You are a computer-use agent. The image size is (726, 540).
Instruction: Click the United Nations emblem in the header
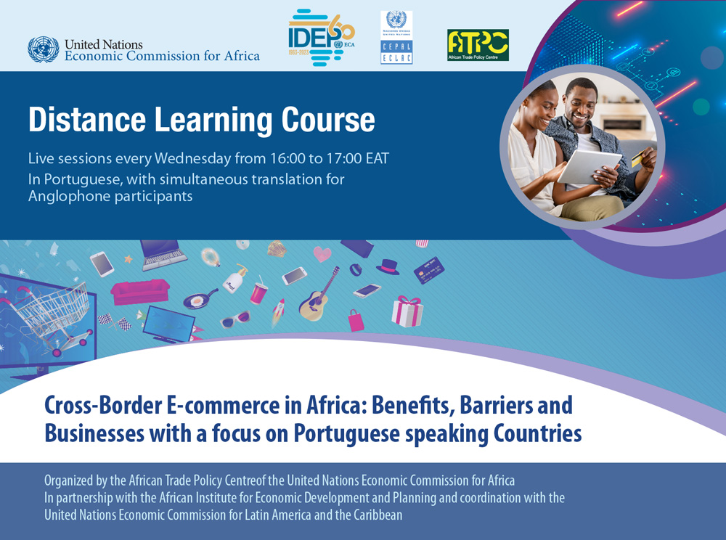click(x=44, y=49)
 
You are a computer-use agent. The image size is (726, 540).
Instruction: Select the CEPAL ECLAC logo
click(x=396, y=38)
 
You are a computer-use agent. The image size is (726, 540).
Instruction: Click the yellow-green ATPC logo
click(x=478, y=45)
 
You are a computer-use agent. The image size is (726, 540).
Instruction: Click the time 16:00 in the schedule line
click(x=268, y=158)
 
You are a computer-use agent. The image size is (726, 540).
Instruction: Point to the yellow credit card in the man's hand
click(x=638, y=158)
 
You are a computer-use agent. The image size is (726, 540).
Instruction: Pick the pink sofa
click(x=139, y=290)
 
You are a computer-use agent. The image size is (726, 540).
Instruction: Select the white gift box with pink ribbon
click(x=407, y=311)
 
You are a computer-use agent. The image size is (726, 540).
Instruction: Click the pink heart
click(x=322, y=254)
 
